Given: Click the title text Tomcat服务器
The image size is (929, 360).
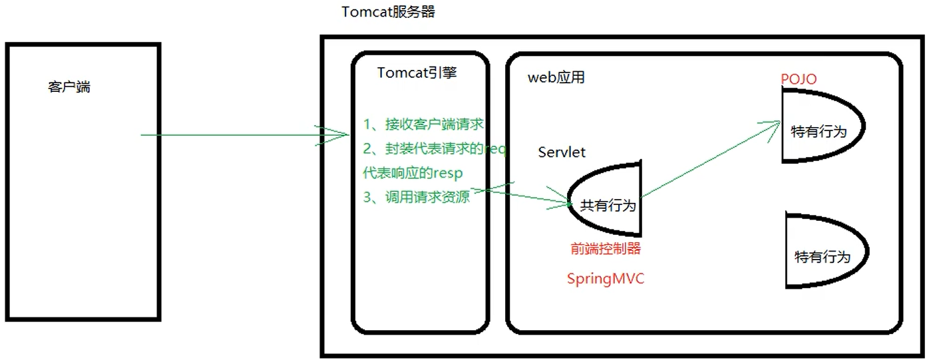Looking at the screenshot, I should click(388, 12).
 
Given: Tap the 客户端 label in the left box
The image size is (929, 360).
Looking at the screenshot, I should click(69, 87).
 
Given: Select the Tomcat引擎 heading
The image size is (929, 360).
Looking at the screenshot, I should click(417, 73).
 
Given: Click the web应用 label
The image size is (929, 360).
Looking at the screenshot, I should click(556, 78).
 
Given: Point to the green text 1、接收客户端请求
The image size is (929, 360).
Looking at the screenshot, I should click(423, 124).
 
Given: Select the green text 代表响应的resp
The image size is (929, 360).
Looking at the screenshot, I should click(413, 173).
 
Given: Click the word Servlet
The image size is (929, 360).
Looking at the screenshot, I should click(562, 152).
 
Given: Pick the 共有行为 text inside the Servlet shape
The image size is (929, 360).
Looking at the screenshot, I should click(608, 206).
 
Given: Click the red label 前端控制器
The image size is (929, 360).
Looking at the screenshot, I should click(605, 249).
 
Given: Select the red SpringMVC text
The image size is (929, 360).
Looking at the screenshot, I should click(606, 279).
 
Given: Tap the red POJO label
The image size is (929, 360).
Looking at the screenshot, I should click(799, 80).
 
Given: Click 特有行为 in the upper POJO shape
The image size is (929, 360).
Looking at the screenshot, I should click(819, 132).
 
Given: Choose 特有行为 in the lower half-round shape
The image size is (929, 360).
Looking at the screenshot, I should click(823, 257).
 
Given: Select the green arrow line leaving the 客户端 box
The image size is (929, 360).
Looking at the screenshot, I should click(233, 135).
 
